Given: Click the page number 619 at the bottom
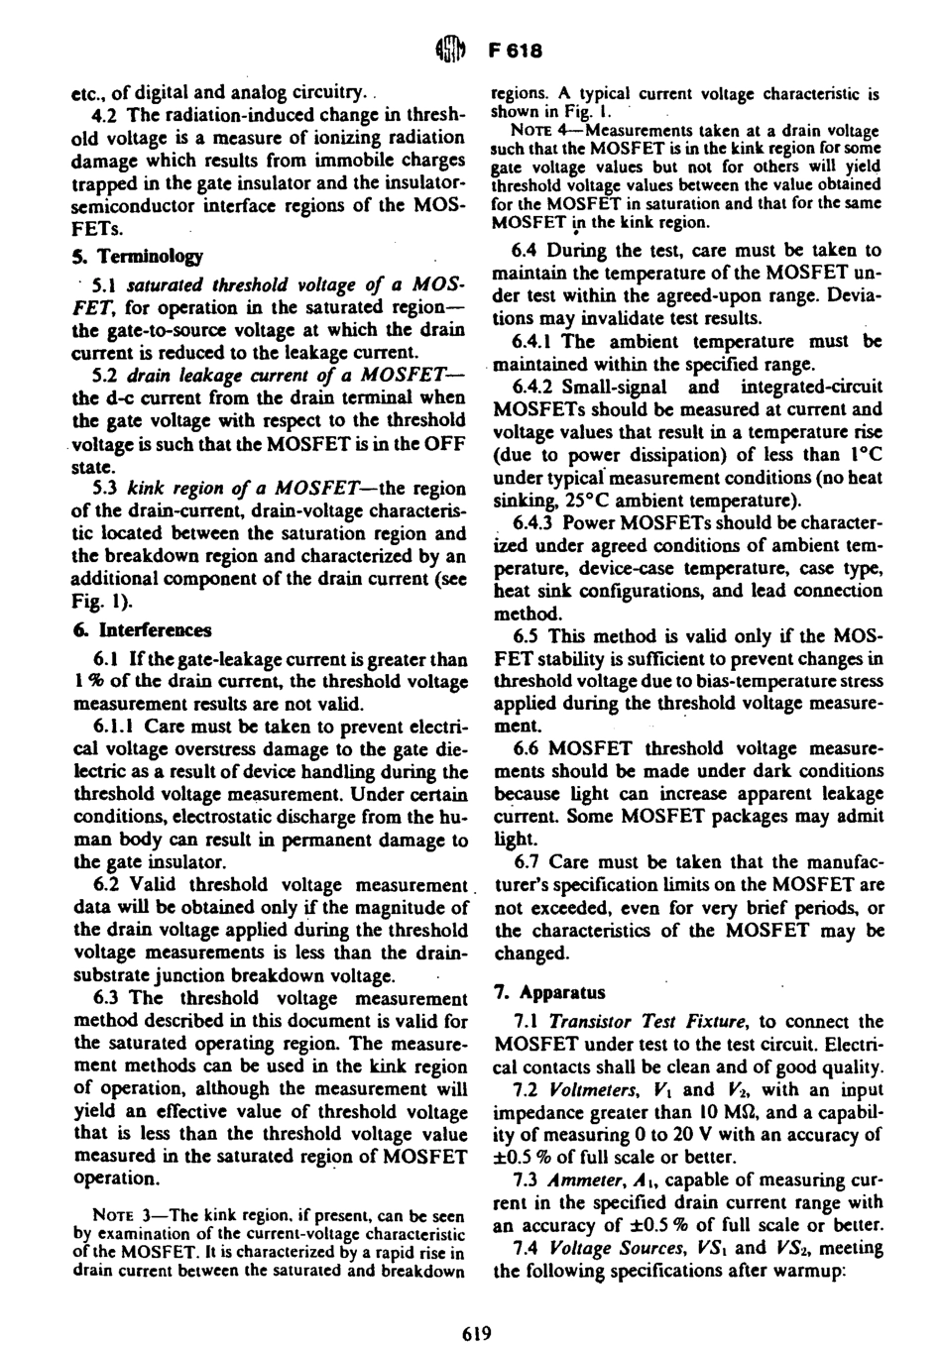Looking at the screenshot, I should (x=477, y=1332).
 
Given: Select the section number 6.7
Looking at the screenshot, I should (x=528, y=862).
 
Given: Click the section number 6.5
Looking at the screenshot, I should (x=528, y=634).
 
